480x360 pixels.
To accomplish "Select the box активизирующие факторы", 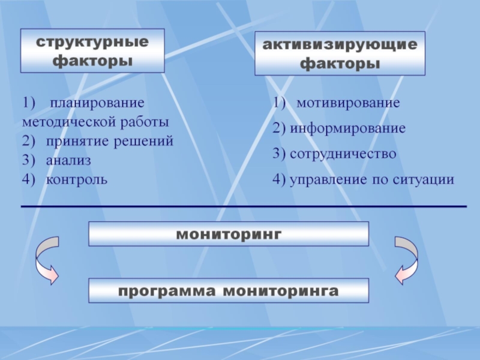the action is [340, 53].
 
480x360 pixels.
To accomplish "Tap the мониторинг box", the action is [229, 233].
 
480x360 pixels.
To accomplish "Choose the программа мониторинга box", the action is [229, 291].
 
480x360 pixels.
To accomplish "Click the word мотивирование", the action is [348, 103].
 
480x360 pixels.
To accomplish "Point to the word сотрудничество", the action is [343, 154].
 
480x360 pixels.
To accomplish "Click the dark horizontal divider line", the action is [244, 206].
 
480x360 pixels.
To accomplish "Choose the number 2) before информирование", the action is [278, 128].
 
